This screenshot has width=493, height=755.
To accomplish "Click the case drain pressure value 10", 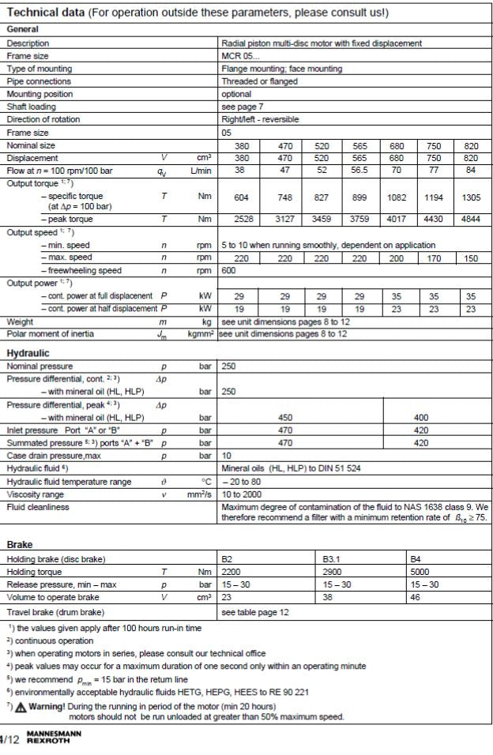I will coord(228,456).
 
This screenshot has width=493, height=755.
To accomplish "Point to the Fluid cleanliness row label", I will coord(39,506).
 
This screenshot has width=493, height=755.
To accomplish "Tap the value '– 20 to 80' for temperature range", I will coord(243,481).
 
